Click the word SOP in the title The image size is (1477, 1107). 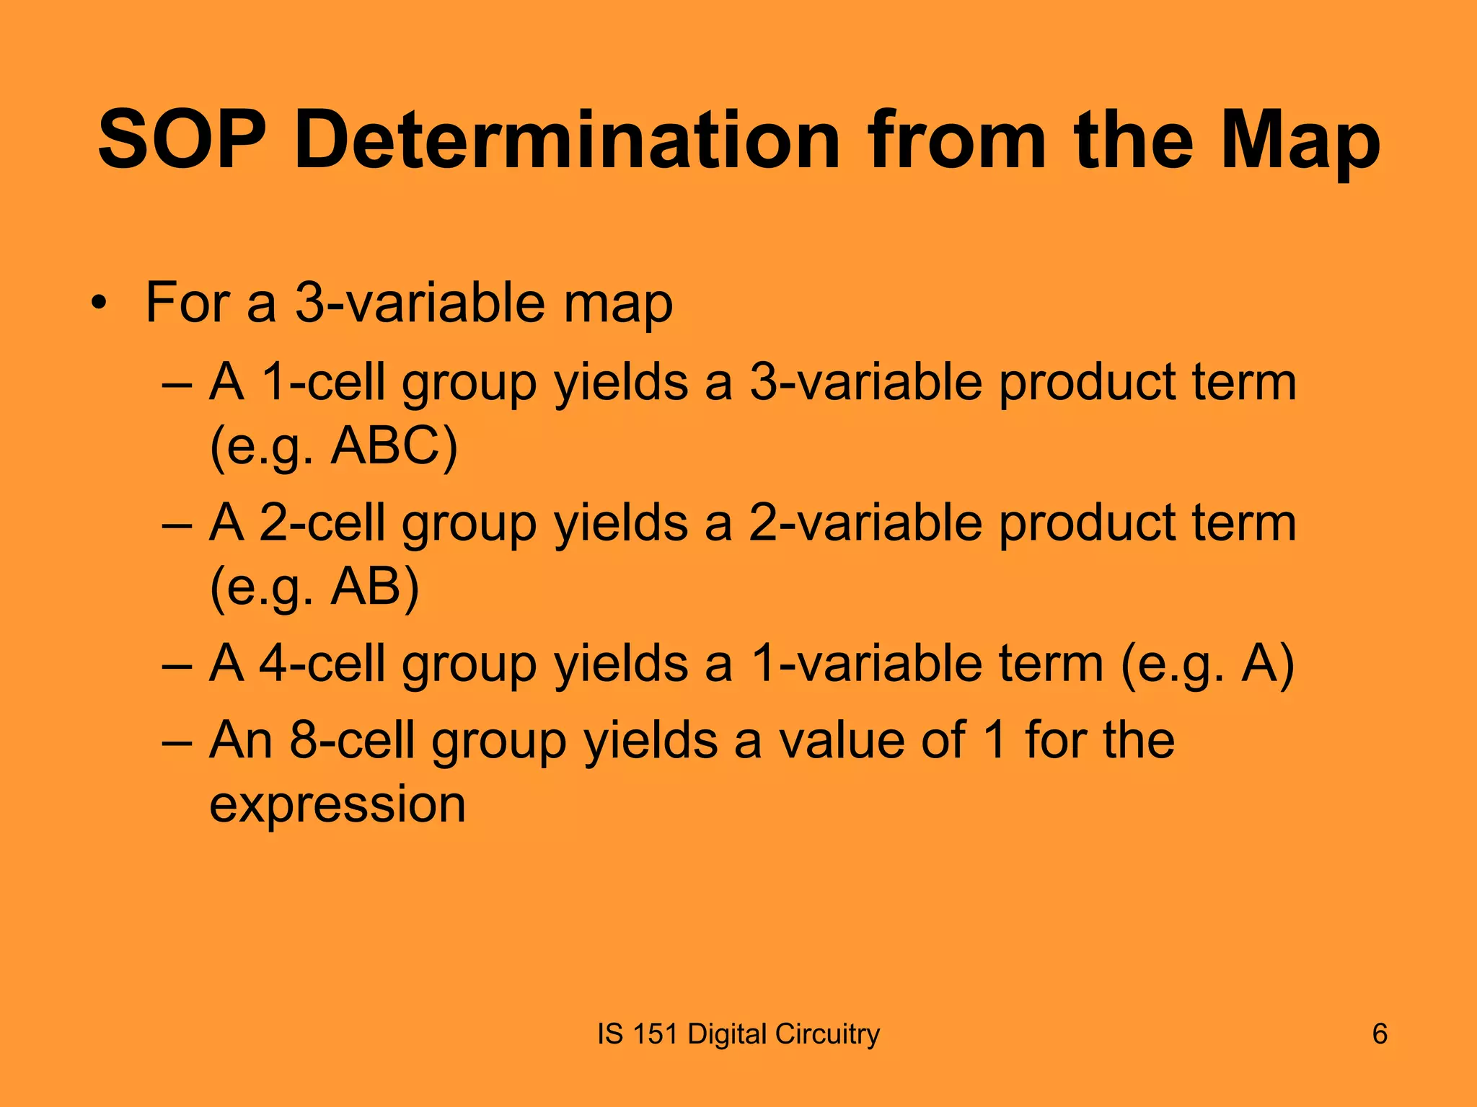[180, 141]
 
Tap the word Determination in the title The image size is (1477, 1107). [567, 141]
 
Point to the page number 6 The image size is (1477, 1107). [1380, 1034]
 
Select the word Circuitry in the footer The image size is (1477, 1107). [827, 1034]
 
